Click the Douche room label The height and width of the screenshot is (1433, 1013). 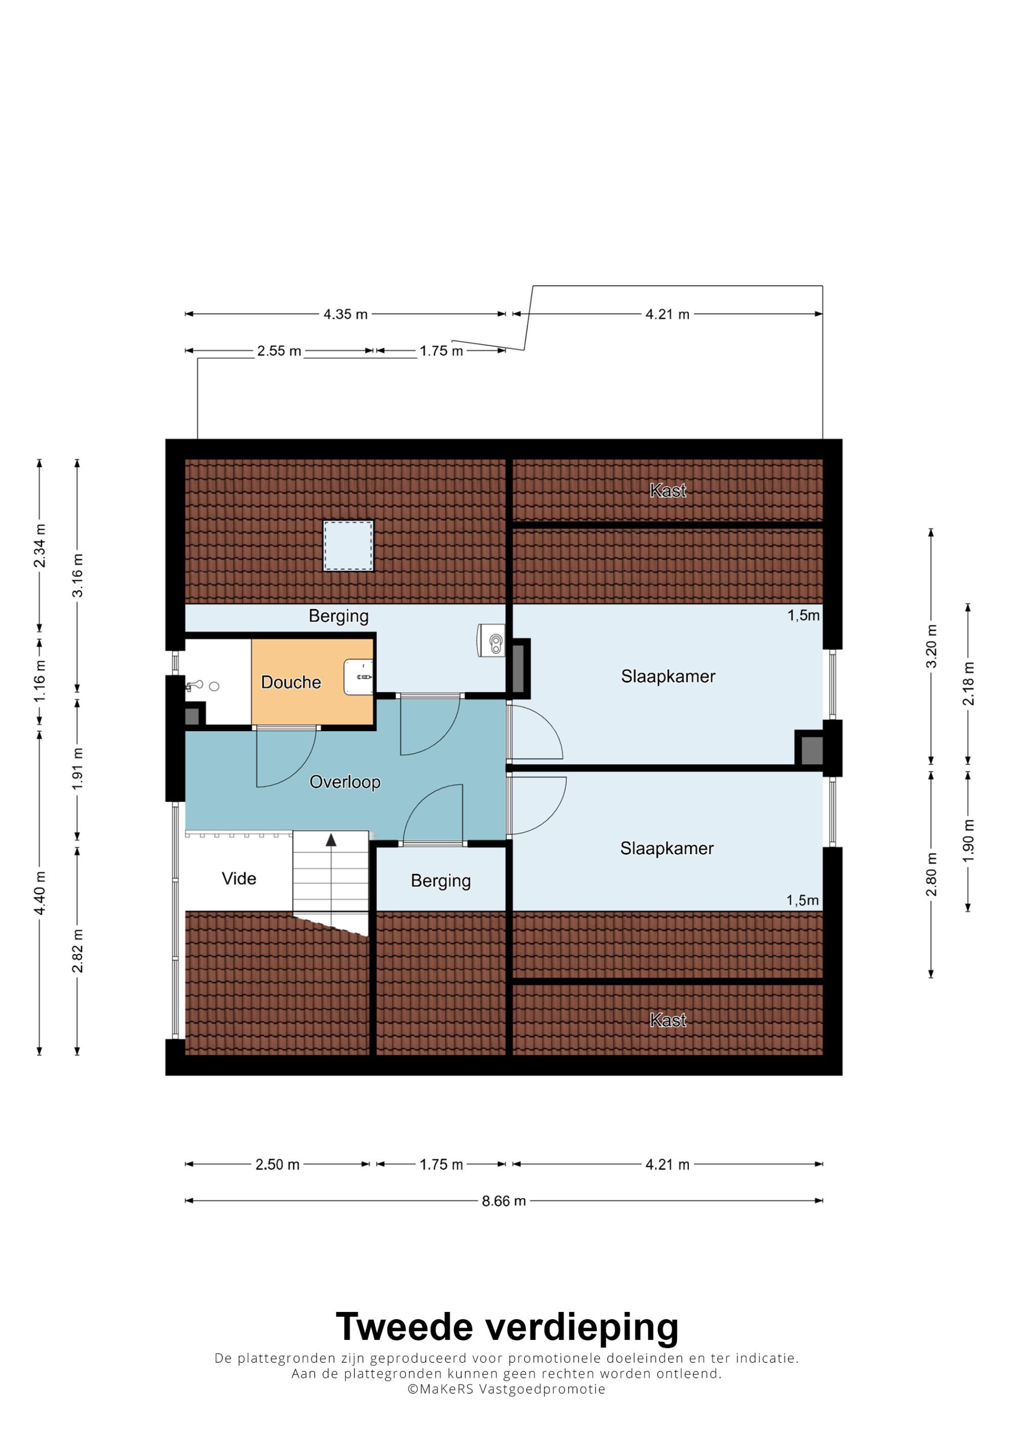(x=291, y=682)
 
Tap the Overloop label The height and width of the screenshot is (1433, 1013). (x=345, y=782)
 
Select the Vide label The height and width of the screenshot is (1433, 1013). (x=239, y=879)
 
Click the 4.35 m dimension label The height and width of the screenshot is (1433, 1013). (x=345, y=314)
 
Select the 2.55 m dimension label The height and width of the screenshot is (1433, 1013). (x=279, y=351)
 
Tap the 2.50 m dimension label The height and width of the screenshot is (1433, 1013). (x=277, y=1165)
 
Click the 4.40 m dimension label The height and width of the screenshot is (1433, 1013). (x=40, y=893)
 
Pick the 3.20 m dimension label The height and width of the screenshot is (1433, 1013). (x=931, y=646)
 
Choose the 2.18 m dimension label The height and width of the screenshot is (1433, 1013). (x=968, y=684)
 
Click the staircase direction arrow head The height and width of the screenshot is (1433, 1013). (x=331, y=840)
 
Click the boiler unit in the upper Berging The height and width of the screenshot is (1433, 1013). (x=491, y=640)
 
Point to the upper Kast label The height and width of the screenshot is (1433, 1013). (x=668, y=491)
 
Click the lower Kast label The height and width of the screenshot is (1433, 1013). (x=668, y=1020)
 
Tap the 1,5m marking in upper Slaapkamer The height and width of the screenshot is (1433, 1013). (x=803, y=615)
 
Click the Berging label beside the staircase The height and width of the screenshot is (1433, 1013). (x=441, y=881)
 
